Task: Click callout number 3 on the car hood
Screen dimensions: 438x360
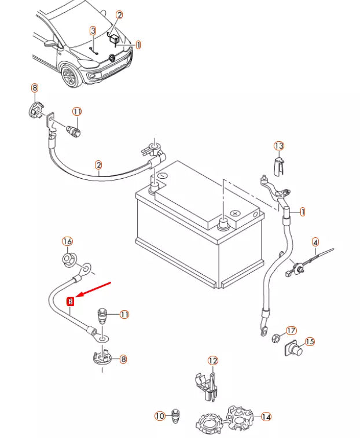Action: pyautogui.click(x=93, y=30)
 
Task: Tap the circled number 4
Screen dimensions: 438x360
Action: pyautogui.click(x=315, y=242)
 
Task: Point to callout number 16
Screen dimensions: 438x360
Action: pyautogui.click(x=67, y=241)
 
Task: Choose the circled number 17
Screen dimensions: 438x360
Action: pyautogui.click(x=291, y=330)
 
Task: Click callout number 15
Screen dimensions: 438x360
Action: pyautogui.click(x=310, y=341)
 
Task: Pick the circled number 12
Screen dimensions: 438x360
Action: pyautogui.click(x=212, y=361)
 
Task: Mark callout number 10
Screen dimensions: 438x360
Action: pyautogui.click(x=160, y=415)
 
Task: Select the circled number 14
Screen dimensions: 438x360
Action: pyautogui.click(x=266, y=416)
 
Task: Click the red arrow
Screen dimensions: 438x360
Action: pyautogui.click(x=93, y=289)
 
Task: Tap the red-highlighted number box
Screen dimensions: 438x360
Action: pyautogui.click(x=71, y=301)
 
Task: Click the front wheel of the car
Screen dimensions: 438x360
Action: pyautogui.click(x=71, y=76)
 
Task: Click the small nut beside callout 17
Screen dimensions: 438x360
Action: pyautogui.click(x=276, y=336)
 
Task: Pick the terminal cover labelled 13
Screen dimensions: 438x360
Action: pyautogui.click(x=278, y=164)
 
